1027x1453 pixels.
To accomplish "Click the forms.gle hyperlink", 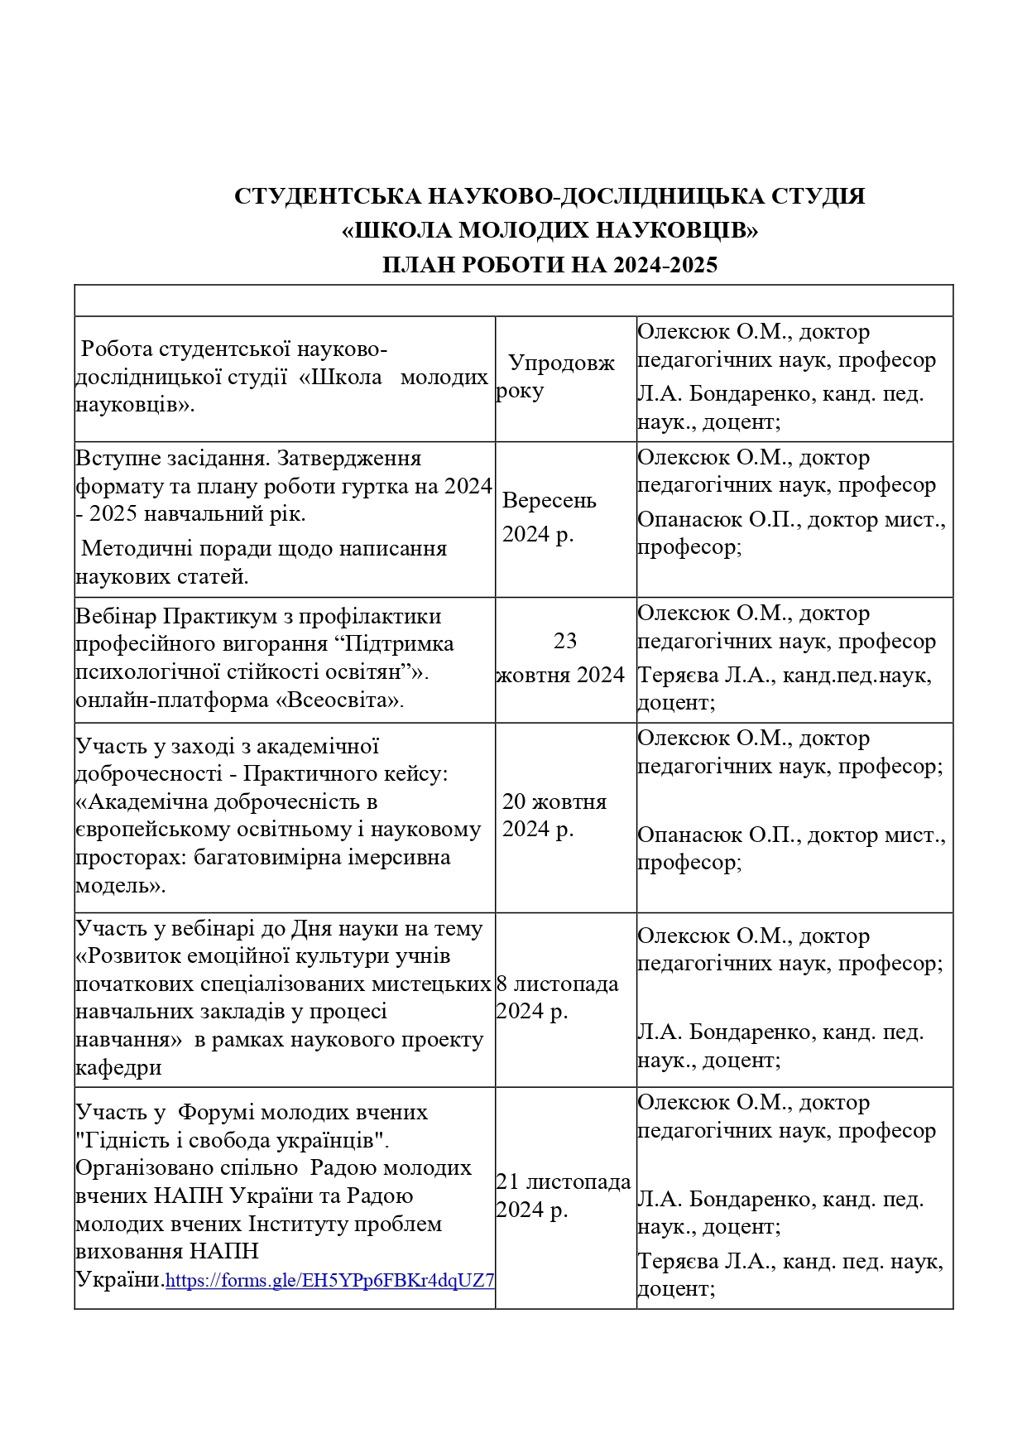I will [329, 1281].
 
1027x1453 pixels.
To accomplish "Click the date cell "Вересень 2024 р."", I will [548, 517].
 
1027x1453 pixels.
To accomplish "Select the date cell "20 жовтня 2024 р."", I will [554, 815].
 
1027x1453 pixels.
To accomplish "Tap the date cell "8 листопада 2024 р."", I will [557, 997].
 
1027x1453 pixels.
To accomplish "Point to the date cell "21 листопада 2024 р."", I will [563, 1196].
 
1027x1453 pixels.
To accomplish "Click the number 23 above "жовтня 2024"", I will [565, 641].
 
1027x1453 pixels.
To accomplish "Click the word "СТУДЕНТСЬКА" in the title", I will [326, 196].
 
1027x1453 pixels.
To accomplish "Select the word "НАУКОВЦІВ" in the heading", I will [676, 230].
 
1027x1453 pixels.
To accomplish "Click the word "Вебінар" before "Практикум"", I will [116, 617].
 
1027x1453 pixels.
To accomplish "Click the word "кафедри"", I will [118, 1067].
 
